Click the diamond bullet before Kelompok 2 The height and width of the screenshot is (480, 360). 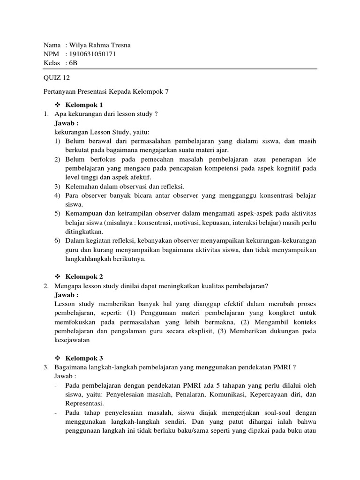tap(58, 277)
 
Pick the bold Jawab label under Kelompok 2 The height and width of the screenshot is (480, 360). tap(67, 295)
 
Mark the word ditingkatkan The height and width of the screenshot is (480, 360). tap(84, 231)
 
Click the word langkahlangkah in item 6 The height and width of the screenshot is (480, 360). tap(89, 258)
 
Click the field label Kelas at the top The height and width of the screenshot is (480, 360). tap(52, 62)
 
